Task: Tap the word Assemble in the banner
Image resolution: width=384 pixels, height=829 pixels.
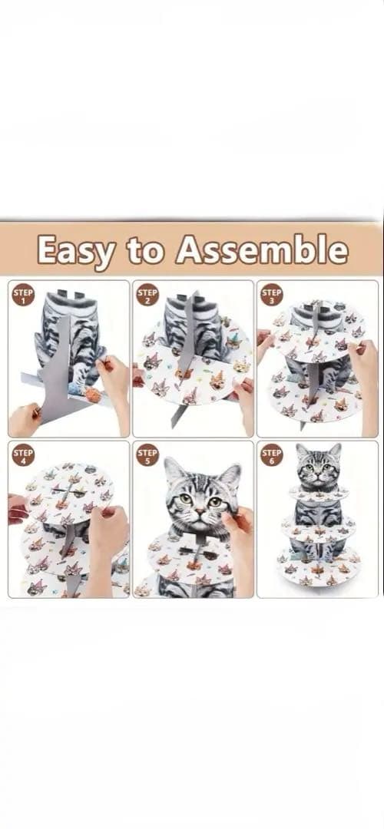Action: [263, 249]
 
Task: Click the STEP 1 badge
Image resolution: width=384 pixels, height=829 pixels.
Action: [23, 295]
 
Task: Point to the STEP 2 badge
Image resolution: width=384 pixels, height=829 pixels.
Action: [147, 295]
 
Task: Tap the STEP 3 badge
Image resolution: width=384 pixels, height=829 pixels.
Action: [272, 295]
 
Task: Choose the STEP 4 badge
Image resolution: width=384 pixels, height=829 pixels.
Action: [23, 454]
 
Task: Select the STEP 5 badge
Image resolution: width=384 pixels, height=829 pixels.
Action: [147, 454]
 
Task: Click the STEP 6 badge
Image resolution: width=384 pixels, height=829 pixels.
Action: [272, 454]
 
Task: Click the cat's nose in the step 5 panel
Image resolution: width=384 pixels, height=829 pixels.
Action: [198, 511]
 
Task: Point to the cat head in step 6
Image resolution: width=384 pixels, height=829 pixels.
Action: [319, 467]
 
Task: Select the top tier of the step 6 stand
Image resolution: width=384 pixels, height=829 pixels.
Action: [319, 493]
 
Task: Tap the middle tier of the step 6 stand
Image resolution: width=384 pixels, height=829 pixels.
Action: [319, 527]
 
